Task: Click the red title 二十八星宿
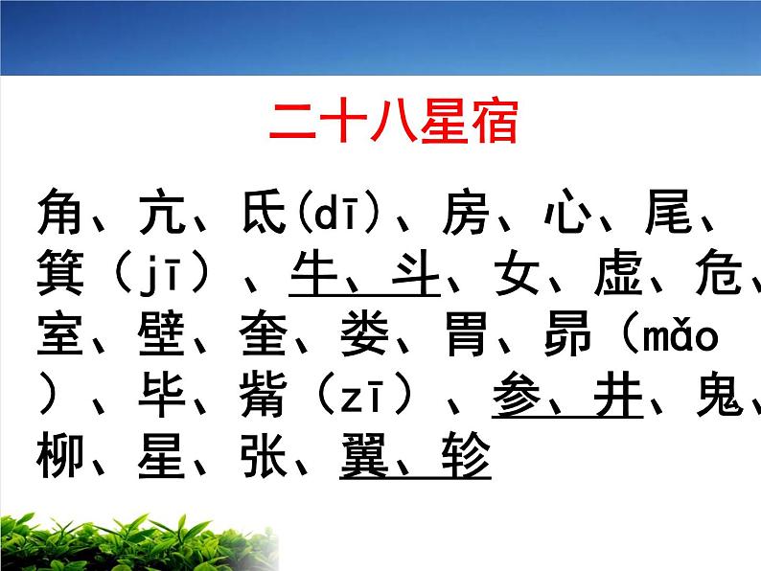pyautogui.click(x=393, y=122)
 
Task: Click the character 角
pyautogui.click(x=63, y=212)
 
